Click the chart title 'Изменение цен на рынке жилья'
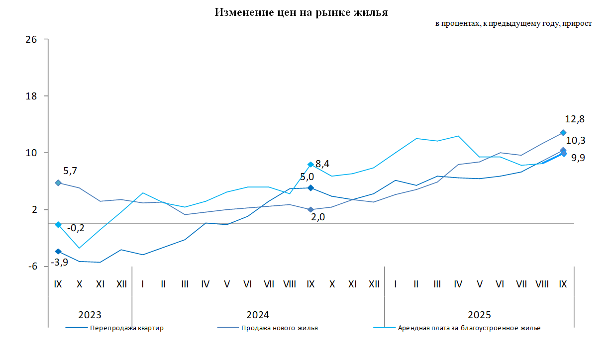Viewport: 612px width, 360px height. click(x=301, y=12)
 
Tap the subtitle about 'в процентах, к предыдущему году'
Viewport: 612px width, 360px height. click(x=513, y=24)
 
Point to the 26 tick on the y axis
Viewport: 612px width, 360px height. click(x=31, y=39)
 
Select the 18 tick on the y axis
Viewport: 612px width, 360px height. click(x=31, y=96)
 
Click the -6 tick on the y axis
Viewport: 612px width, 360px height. click(x=32, y=267)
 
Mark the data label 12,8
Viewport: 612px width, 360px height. click(x=575, y=119)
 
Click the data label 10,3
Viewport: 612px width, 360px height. click(x=576, y=141)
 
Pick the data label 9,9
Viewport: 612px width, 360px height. click(x=578, y=158)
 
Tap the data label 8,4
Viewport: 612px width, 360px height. click(x=322, y=164)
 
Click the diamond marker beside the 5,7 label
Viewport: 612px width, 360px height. click(x=58, y=183)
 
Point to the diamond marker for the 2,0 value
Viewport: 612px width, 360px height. click(x=310, y=210)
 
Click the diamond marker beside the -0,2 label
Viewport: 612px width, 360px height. click(x=58, y=225)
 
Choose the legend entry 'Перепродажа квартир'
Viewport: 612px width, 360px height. click(x=127, y=328)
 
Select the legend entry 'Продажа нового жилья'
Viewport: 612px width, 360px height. click(x=279, y=328)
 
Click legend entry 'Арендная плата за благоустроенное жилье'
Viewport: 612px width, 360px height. click(x=469, y=328)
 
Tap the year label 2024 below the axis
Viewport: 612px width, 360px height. click(x=258, y=315)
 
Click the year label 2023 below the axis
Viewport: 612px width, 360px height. click(x=90, y=315)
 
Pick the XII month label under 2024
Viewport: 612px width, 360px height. click(x=374, y=284)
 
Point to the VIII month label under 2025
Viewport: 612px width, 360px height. click(x=542, y=284)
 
